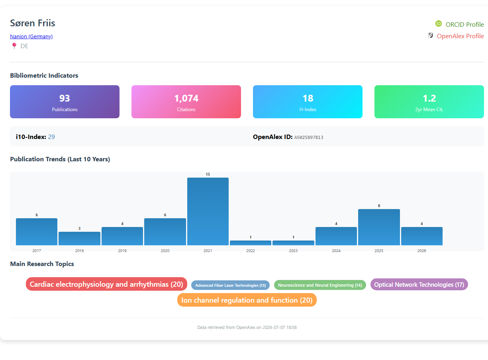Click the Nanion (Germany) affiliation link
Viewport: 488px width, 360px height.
pos(31,36)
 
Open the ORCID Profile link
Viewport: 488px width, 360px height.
pos(464,24)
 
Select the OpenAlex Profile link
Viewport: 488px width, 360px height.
pos(460,36)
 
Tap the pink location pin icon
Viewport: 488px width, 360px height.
pos(14,46)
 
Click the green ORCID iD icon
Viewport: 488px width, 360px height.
pos(439,23)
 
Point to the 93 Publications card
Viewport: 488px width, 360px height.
pos(65,102)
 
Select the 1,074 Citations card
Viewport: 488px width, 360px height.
pos(186,102)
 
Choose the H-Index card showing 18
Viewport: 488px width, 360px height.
pos(308,102)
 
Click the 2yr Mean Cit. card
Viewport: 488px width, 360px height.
pos(429,102)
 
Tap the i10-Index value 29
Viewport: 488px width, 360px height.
pos(51,137)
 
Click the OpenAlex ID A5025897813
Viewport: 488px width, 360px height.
pos(308,137)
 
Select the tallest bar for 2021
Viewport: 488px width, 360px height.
pos(208,211)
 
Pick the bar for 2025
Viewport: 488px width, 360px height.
pos(379,227)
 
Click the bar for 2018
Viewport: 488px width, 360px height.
pos(79,238)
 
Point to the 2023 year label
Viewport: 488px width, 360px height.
pos(293,250)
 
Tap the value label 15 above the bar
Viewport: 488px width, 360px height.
pos(208,174)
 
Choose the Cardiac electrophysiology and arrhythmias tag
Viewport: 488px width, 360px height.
pos(106,284)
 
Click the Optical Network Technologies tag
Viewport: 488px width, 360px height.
pos(419,284)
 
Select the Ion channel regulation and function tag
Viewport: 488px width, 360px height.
pos(247,300)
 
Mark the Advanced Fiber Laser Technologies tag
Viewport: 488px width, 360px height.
pos(230,285)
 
